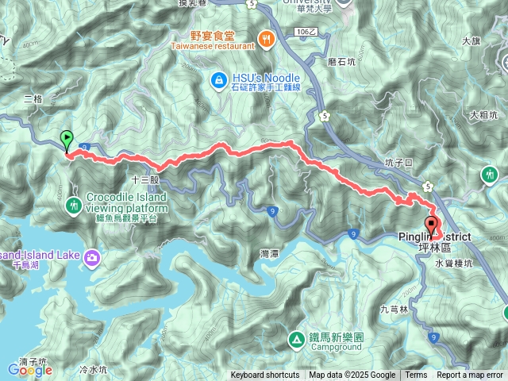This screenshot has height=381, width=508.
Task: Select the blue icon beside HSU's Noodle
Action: tap(217, 79)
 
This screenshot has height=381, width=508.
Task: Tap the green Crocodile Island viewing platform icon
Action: tap(74, 205)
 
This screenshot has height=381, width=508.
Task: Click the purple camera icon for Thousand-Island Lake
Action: tap(92, 256)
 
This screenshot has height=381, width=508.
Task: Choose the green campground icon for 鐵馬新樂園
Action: tap(295, 341)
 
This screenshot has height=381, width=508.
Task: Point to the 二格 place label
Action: tap(33, 99)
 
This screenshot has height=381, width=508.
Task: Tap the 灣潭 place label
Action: tap(270, 253)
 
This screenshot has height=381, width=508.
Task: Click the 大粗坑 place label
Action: tap(483, 115)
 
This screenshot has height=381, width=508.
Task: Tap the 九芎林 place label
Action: tap(394, 310)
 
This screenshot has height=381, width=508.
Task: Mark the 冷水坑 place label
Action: tap(93, 369)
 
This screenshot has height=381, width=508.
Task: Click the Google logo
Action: tap(30, 368)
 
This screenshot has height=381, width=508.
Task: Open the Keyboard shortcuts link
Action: tap(265, 375)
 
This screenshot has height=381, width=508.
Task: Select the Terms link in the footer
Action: tap(416, 375)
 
